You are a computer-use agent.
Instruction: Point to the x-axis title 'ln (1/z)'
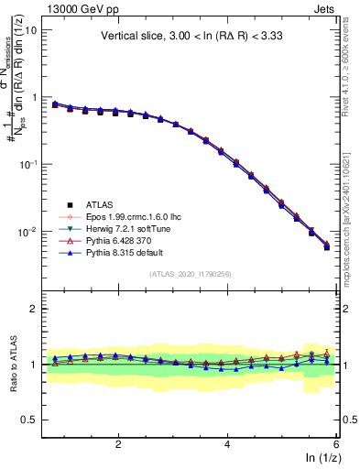(322, 458)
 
